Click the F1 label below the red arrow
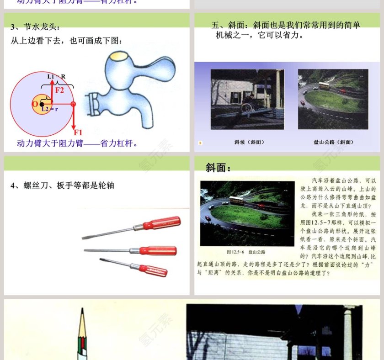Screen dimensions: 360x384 (78, 132)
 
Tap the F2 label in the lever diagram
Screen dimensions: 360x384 (60, 90)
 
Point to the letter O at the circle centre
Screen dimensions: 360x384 (34, 104)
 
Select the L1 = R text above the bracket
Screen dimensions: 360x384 (56, 76)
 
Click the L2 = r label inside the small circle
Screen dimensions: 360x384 (47, 109)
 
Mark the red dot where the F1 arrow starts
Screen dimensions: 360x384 (73, 104)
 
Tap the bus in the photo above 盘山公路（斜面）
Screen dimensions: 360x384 (324, 85)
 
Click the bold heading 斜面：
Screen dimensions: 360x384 (218, 168)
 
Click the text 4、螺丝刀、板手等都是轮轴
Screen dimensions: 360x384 (62, 185)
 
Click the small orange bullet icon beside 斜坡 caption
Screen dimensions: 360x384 (200, 143)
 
